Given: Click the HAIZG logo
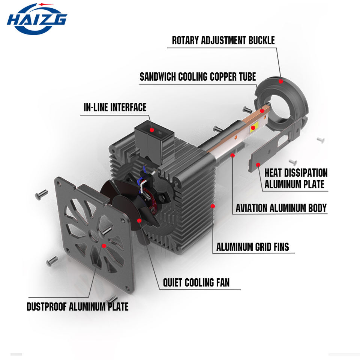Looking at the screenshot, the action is pos(37,19).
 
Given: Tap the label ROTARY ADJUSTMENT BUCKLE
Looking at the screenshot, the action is pos(223,40).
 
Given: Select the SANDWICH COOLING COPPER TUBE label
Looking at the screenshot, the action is pos(198,76).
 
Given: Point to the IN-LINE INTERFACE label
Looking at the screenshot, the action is pos(115,107).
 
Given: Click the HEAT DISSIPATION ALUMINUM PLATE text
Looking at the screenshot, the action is pos(296,178).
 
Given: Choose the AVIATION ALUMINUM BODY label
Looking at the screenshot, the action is pos(281,208).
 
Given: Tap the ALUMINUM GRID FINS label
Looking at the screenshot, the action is pos(252,247).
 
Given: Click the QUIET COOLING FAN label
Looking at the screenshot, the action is pos(196,283).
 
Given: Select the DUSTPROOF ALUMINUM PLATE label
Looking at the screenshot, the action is pos(77,307).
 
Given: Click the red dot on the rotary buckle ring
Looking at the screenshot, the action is pos(280,81).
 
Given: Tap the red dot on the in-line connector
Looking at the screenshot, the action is pos(152,130).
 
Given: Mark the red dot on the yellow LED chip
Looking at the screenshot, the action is pos(253,127).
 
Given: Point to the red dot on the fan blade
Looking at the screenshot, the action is pos(139,220).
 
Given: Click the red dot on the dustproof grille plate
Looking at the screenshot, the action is pos(104,246).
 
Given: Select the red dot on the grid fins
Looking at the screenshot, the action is pos(213,206).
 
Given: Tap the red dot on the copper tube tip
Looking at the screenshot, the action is pos(262,111).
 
